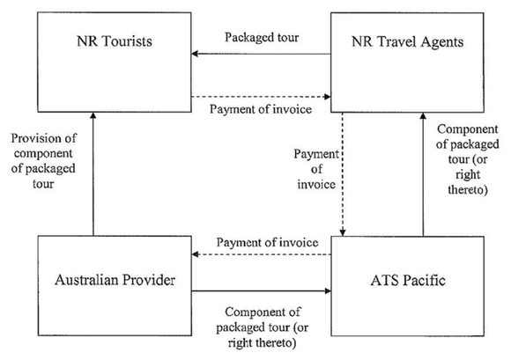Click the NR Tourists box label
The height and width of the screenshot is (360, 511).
pos(115,41)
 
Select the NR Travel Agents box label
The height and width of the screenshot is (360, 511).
pos(407,42)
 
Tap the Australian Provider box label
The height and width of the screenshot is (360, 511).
pos(115,280)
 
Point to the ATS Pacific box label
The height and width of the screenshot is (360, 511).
pos(408,280)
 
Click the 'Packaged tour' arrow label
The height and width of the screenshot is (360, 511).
pos(262,38)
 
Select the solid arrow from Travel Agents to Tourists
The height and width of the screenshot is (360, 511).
pos(261,54)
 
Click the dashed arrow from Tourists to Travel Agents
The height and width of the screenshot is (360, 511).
pos(261,97)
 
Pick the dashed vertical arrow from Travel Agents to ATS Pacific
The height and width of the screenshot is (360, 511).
pos(343,174)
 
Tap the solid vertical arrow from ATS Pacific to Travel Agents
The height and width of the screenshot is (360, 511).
pos(423,174)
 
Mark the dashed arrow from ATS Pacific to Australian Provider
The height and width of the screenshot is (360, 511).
pos(262,254)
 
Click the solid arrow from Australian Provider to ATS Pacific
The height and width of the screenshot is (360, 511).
pos(262,290)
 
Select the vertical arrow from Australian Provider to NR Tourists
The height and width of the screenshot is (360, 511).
pos(93,174)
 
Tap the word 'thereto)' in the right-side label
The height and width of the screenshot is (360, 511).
pos(468,190)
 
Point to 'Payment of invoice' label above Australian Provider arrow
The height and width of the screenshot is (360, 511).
pos(267,243)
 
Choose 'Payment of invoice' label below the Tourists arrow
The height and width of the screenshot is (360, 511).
pos(261,109)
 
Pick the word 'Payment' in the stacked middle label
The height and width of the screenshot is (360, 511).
pos(316,154)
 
